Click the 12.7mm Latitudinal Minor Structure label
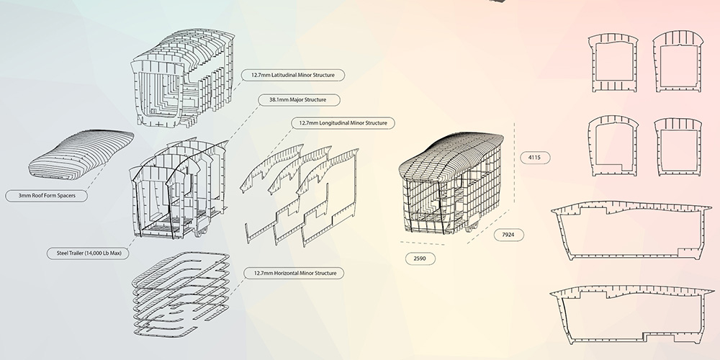[292, 75]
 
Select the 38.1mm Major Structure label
[299, 99]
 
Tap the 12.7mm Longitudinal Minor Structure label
[343, 123]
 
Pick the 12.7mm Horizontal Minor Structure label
[294, 273]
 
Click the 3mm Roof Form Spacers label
[46, 196]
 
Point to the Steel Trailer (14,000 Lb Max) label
[87, 253]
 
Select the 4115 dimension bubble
[535, 158]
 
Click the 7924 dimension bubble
[508, 235]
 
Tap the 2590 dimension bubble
[420, 258]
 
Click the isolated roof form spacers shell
[81, 154]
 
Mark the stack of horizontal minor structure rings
[181, 294]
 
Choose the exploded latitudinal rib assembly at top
[183, 78]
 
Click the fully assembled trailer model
[451, 184]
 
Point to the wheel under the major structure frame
[199, 233]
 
